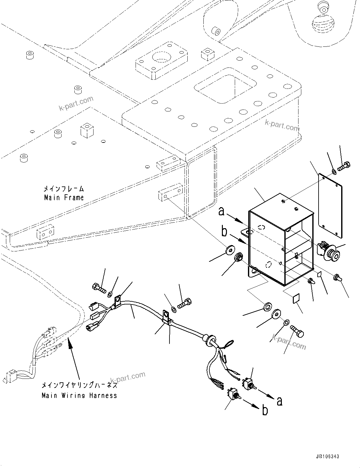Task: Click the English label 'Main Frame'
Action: coord(64,198)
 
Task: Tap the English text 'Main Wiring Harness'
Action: coord(79,395)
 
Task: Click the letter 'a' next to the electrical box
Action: coord(222,212)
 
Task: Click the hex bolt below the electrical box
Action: coord(297,331)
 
